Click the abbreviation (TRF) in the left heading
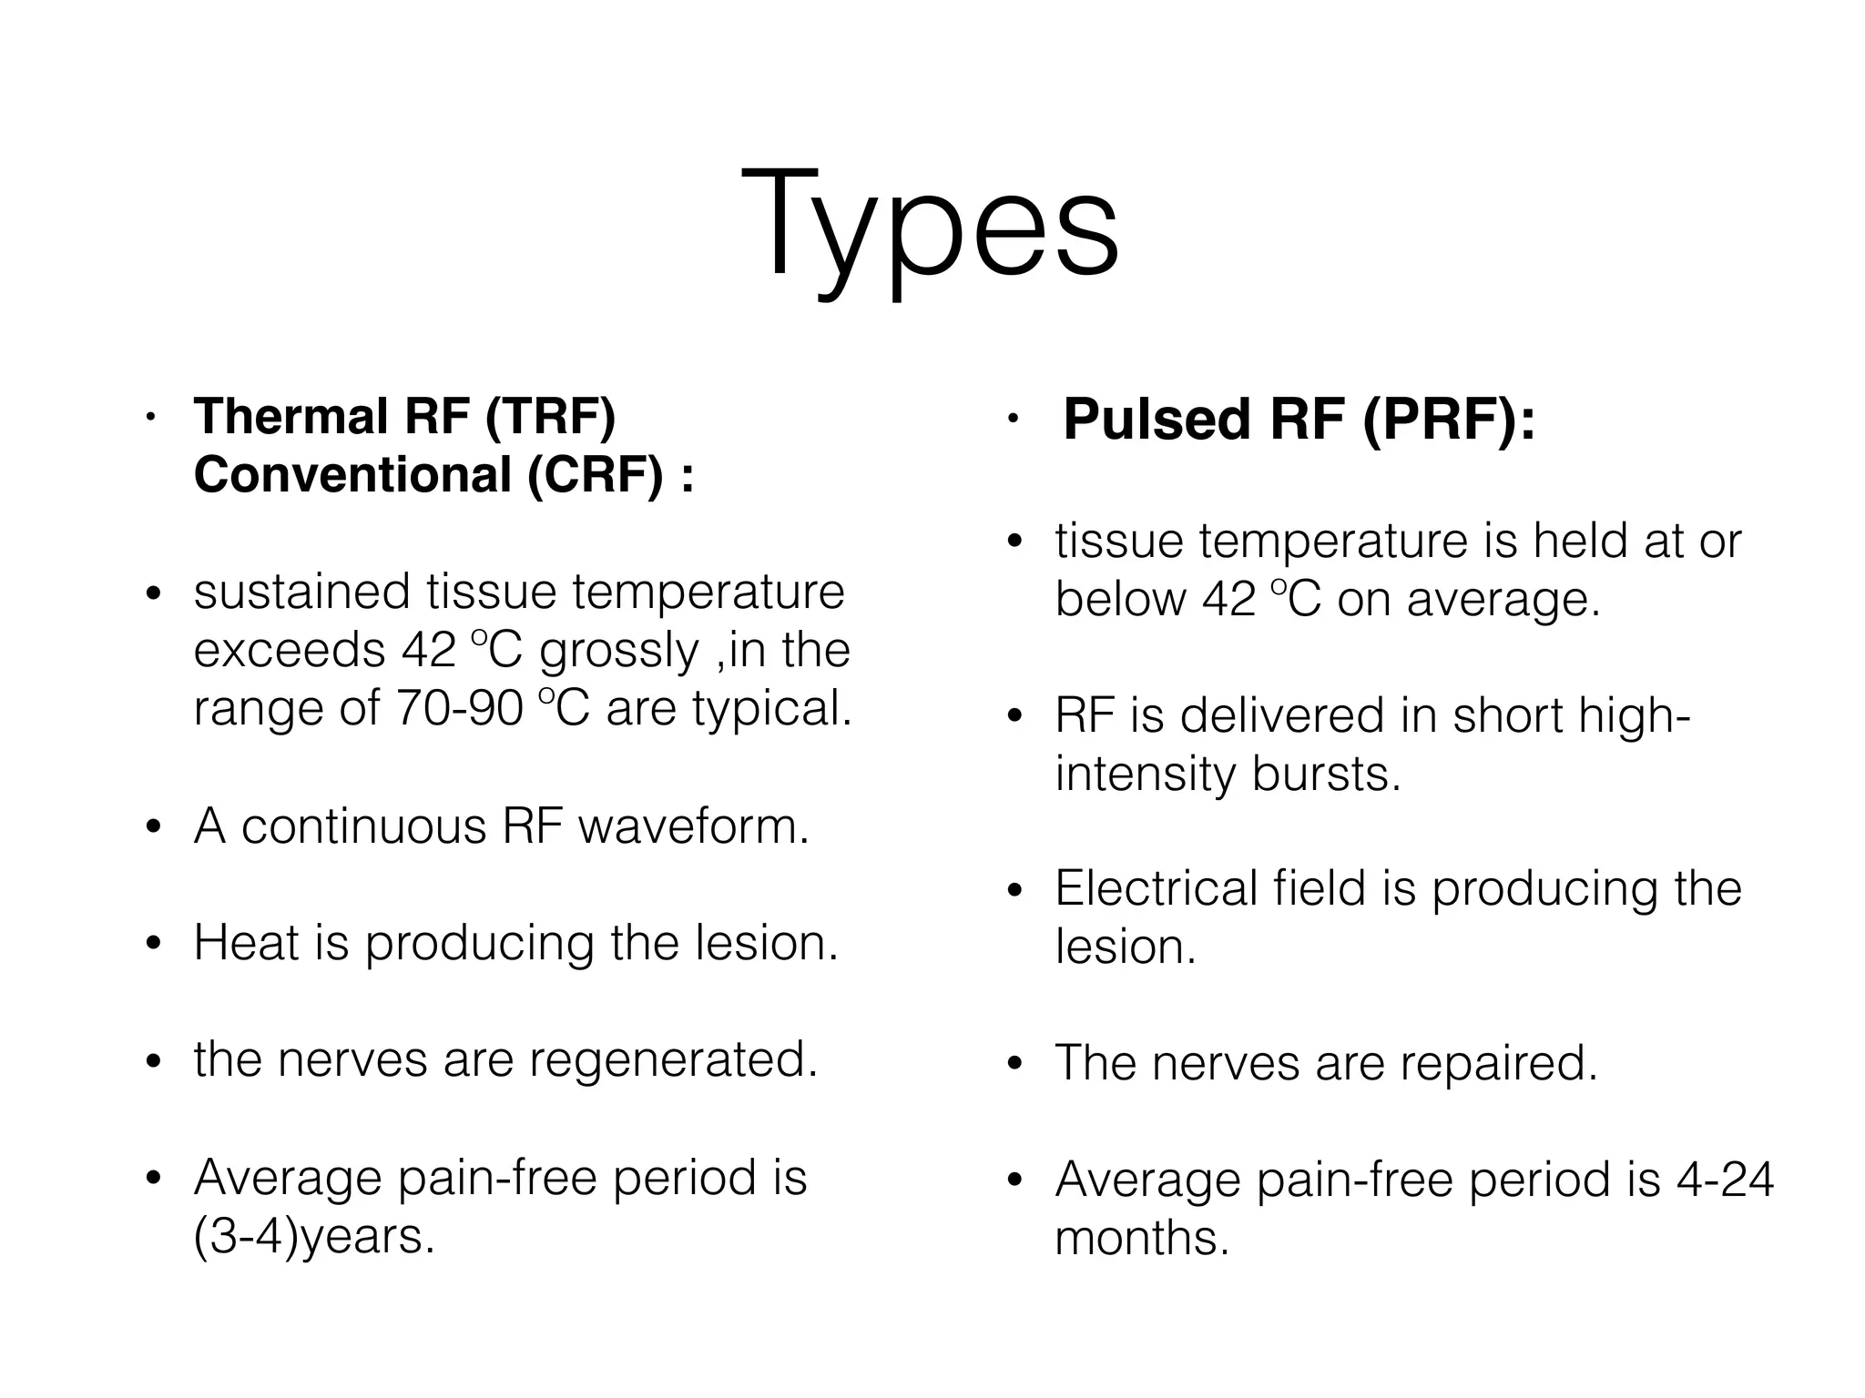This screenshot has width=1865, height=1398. (551, 417)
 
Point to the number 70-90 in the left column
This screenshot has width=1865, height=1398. (460, 708)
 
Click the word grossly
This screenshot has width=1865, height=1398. (618, 652)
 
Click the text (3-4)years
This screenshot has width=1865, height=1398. (314, 1237)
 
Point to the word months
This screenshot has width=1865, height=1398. (1142, 1238)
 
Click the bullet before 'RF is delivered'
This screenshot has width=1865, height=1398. (1015, 716)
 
